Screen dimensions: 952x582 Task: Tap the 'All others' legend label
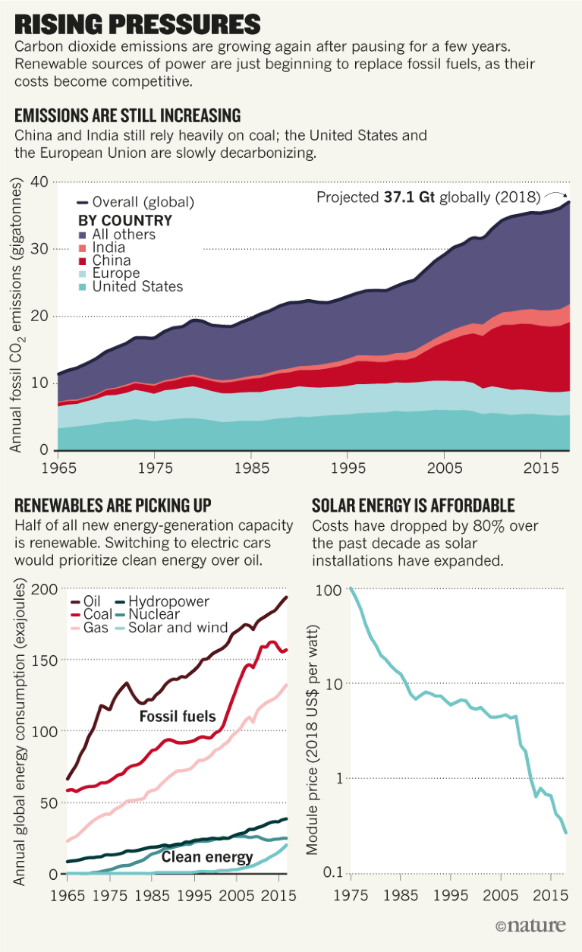[124, 235]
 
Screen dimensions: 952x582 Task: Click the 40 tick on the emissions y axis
[39, 182]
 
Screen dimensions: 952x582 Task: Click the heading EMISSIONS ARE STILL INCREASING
[127, 115]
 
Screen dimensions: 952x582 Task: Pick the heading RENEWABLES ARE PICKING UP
[113, 506]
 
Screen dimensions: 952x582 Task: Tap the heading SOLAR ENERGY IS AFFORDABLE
[414, 506]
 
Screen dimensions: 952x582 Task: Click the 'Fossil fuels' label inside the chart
[178, 716]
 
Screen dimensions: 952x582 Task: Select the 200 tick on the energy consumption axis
[48, 590]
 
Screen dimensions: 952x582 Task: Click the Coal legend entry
[98, 614]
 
